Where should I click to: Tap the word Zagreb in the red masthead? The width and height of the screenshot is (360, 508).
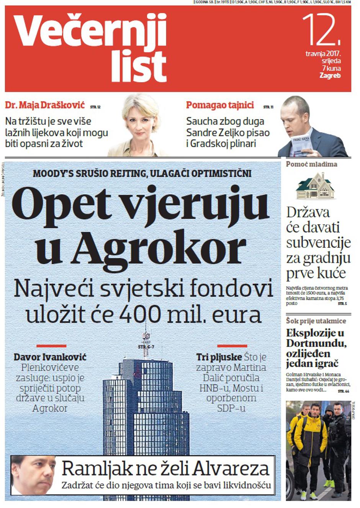[x=330, y=76]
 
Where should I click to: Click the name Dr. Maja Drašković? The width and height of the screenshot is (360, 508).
[x=45, y=105]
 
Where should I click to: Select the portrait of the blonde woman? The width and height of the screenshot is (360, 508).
[x=140, y=124]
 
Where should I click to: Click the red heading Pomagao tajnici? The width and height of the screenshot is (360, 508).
[x=220, y=105]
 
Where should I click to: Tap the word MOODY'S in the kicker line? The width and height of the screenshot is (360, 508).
[x=54, y=173]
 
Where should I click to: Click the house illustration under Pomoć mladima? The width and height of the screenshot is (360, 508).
[x=315, y=186]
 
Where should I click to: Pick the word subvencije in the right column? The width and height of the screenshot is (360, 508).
[x=318, y=243]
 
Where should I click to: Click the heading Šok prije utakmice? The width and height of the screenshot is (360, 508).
[x=316, y=321]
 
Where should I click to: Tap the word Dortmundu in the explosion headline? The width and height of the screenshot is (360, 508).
[x=316, y=343]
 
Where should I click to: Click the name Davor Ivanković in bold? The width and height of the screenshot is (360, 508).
[x=50, y=357]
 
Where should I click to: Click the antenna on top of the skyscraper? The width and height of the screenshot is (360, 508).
[x=146, y=337]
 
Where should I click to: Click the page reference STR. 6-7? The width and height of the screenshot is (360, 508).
[x=146, y=347]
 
